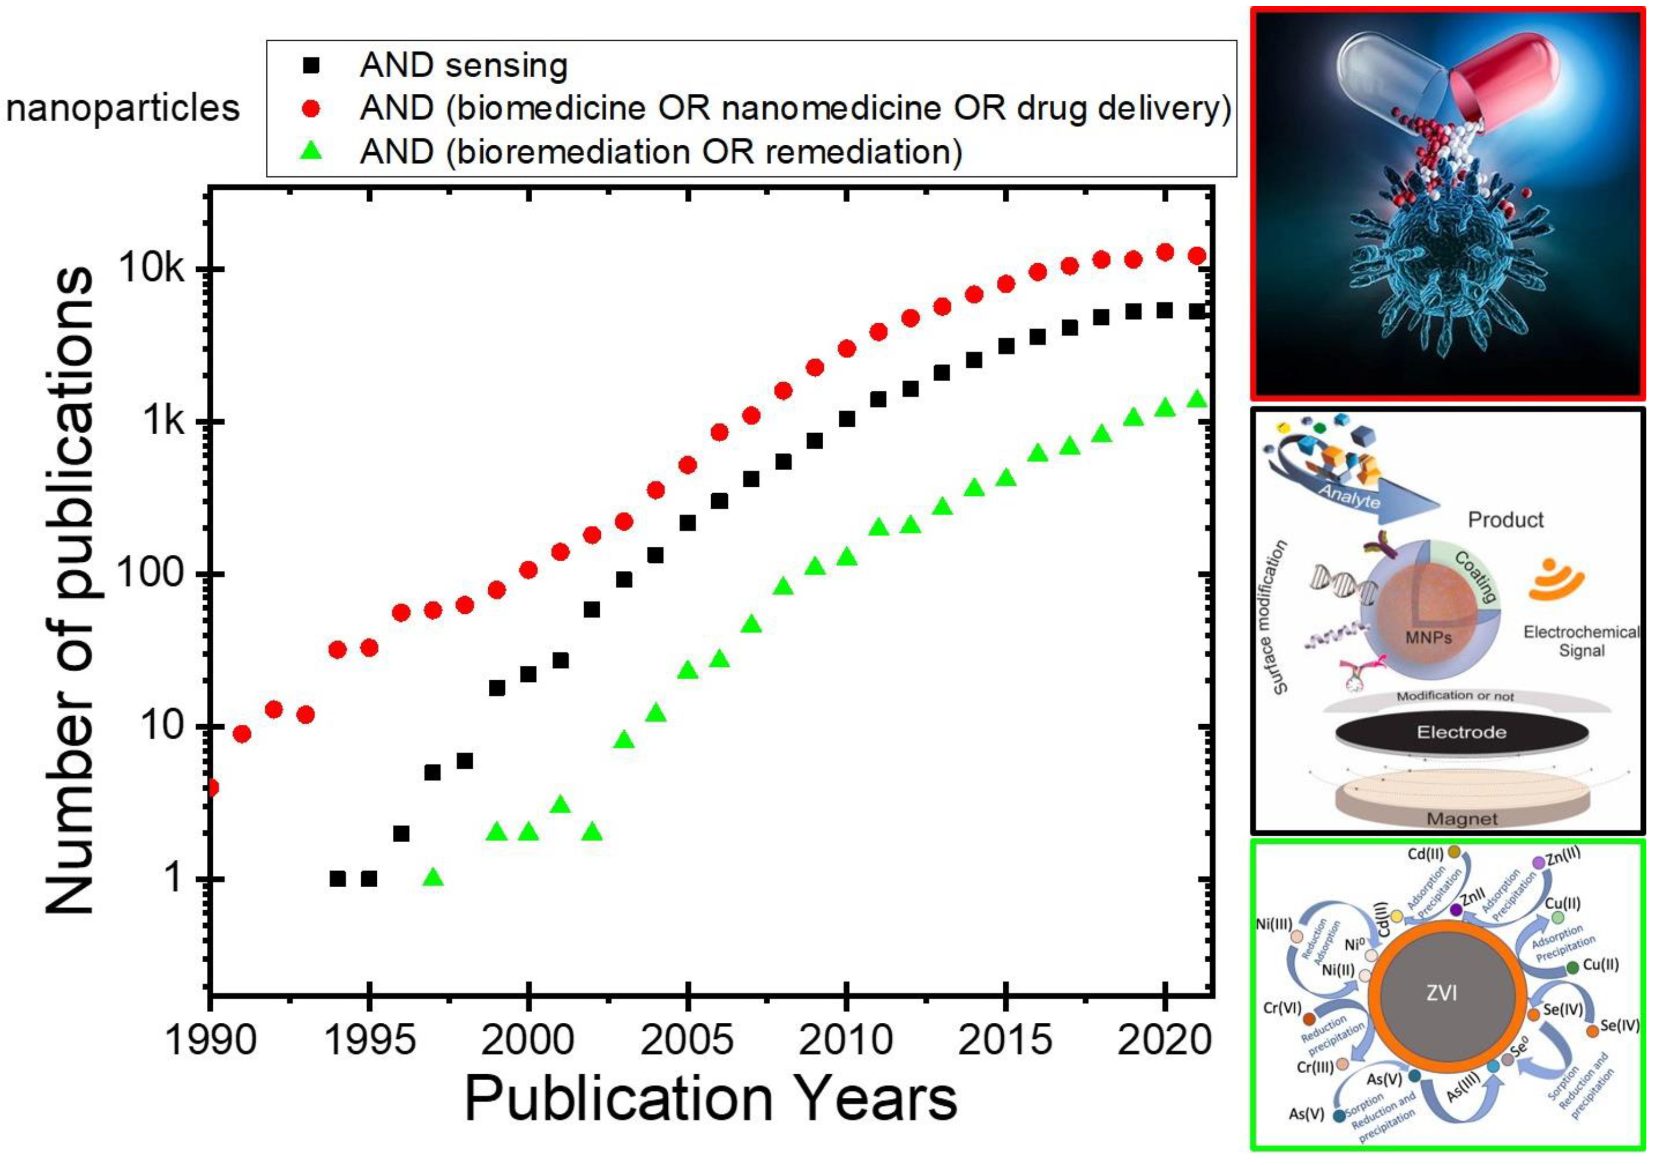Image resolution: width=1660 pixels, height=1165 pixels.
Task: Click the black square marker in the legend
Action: (312, 65)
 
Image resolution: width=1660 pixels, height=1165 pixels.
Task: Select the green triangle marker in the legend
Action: (312, 151)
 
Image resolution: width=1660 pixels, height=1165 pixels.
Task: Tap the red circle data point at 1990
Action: (212, 787)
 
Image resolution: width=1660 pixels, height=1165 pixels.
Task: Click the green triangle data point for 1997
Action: (432, 878)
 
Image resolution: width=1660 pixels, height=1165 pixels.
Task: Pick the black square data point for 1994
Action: (337, 879)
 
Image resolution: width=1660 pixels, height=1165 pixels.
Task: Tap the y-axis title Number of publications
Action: (70, 589)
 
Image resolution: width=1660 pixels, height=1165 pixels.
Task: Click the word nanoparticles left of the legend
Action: (123, 108)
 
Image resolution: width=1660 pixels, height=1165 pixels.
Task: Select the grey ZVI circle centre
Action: (1441, 993)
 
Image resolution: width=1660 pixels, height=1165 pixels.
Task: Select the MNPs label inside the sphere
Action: (1428, 637)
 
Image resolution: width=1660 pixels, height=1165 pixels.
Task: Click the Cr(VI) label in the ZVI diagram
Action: (1282, 1007)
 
